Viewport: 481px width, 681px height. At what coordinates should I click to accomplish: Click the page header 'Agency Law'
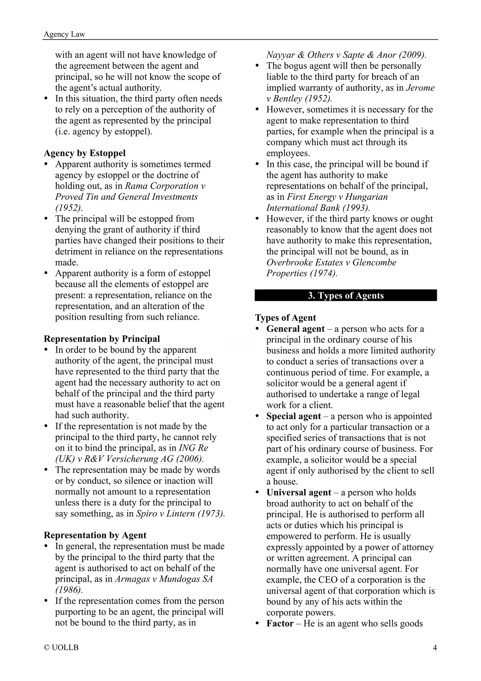pyautogui.click(x=64, y=34)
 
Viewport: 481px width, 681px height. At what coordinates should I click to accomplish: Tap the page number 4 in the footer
pyautogui.click(x=434, y=647)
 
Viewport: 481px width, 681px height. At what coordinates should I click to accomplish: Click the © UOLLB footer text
pyautogui.click(x=61, y=647)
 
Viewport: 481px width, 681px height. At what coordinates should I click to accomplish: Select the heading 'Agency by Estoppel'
pyautogui.click(x=85, y=153)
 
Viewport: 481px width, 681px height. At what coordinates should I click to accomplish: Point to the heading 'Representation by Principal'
pyautogui.click(x=102, y=339)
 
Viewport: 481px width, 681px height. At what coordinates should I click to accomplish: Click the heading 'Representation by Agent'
pyautogui.click(x=95, y=535)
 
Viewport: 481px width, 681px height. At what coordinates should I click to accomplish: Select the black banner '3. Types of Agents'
pyautogui.click(x=346, y=295)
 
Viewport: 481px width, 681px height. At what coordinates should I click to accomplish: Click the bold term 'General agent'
pyautogui.click(x=295, y=329)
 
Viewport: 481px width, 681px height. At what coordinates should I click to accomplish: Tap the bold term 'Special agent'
pyautogui.click(x=294, y=416)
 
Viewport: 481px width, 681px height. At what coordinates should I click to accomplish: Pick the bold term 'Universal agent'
pyautogui.click(x=299, y=493)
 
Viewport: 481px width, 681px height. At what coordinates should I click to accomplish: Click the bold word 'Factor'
pyautogui.click(x=280, y=623)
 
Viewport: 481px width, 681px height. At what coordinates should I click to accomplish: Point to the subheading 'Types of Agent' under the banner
pyautogui.click(x=285, y=318)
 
